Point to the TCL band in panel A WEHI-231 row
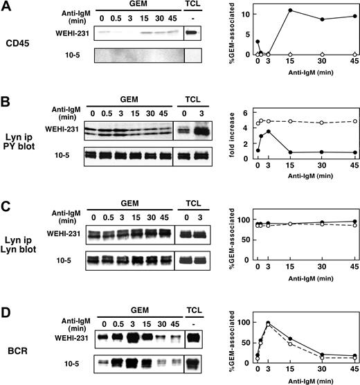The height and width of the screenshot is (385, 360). pos(195,32)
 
